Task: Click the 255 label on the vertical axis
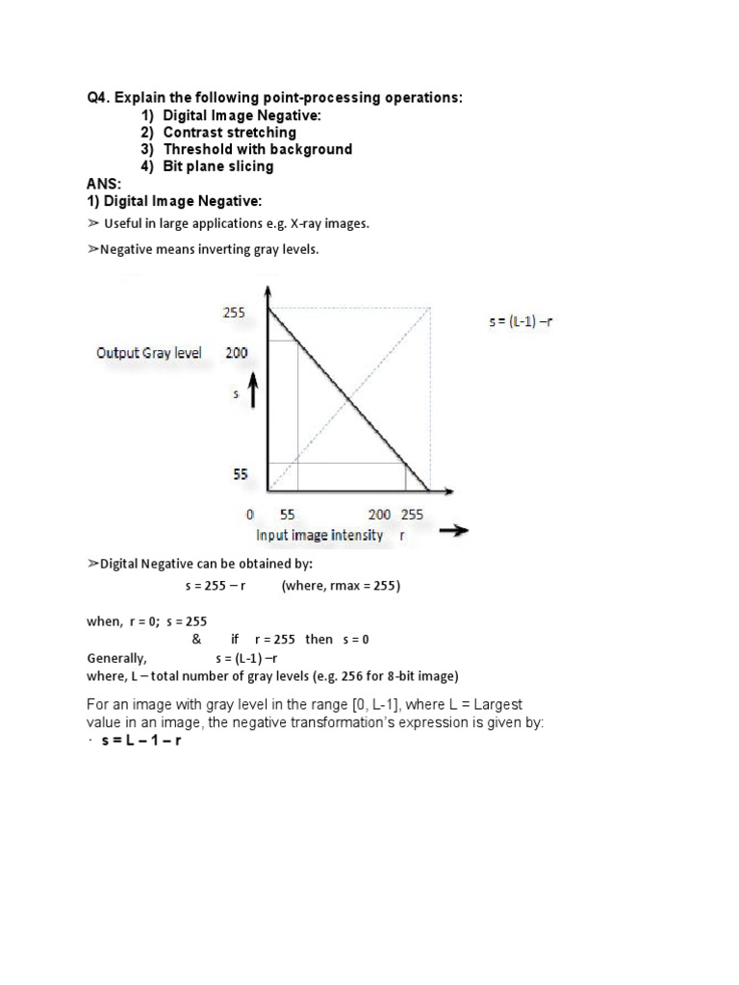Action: coord(235,313)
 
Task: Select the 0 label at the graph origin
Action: coord(249,515)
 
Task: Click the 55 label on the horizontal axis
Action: coord(288,515)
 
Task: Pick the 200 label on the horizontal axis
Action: coord(379,515)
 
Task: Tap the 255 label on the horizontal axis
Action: coord(414,515)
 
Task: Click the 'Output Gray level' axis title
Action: coord(149,353)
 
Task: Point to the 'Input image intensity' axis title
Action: coord(319,535)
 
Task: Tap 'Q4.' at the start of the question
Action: coord(94,98)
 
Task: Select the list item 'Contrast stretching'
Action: coord(229,133)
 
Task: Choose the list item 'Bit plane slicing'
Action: coord(218,166)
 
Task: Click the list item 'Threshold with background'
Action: coord(257,149)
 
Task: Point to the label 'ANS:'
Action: coord(100,184)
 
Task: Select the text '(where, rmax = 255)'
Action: coord(340,586)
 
